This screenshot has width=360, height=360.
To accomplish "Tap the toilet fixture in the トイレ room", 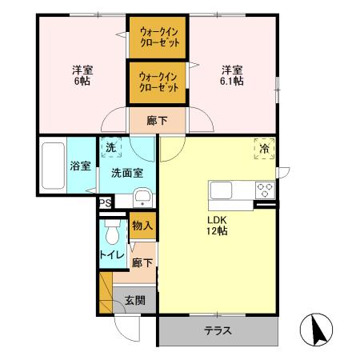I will (111, 233).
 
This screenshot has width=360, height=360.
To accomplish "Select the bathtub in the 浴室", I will (53, 166).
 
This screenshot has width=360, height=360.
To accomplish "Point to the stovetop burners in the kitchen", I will (265, 190).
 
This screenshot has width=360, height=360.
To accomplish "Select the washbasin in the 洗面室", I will (141, 198).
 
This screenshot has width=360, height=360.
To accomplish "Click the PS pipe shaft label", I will (105, 203).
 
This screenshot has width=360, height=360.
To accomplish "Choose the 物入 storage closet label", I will (142, 226).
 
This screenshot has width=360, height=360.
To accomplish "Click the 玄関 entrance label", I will (135, 302).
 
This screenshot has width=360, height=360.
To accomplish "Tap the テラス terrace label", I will (218, 330).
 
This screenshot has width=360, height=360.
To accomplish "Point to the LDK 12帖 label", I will (217, 226).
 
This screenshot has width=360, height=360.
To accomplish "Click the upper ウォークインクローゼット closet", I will (158, 36).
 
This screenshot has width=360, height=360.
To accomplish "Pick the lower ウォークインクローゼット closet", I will (158, 82).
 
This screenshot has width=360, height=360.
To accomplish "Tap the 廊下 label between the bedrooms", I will (158, 121).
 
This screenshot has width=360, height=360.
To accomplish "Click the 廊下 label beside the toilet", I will (142, 263).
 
